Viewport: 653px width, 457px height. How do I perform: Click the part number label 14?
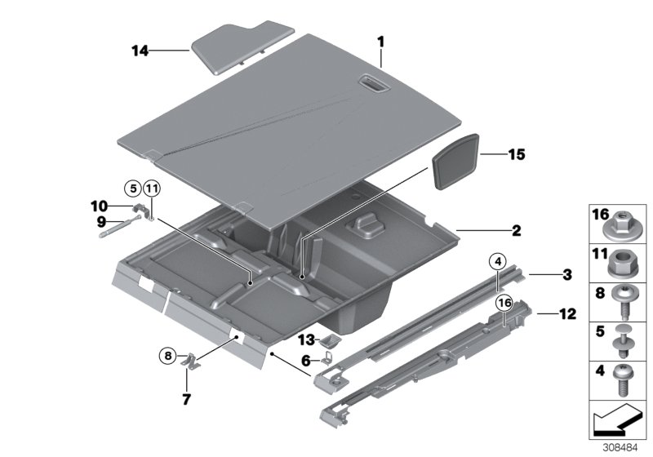140,51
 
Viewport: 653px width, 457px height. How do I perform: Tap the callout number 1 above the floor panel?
380,41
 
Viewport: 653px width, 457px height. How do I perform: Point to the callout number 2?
515,231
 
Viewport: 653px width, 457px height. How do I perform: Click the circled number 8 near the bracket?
167,355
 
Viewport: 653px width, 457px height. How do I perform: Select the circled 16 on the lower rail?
504,304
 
